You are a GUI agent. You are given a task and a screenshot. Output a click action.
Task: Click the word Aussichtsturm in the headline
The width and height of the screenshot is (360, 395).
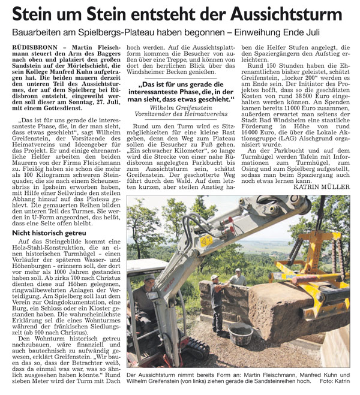click(x=289, y=15)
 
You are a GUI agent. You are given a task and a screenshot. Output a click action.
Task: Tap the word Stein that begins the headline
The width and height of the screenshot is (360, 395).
click(x=33, y=15)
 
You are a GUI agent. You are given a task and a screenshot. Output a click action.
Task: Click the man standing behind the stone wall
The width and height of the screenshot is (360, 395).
click(x=238, y=278)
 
